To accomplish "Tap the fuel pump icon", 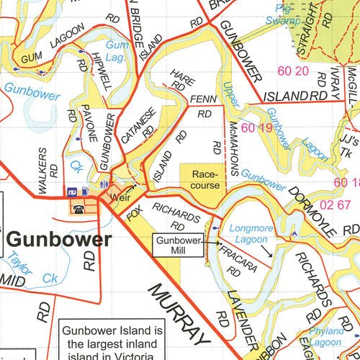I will [x=86, y=192].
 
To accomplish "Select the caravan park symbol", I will [x=73, y=192].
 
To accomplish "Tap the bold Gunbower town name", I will [x=59, y=240].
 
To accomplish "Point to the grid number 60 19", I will [x=257, y=128].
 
